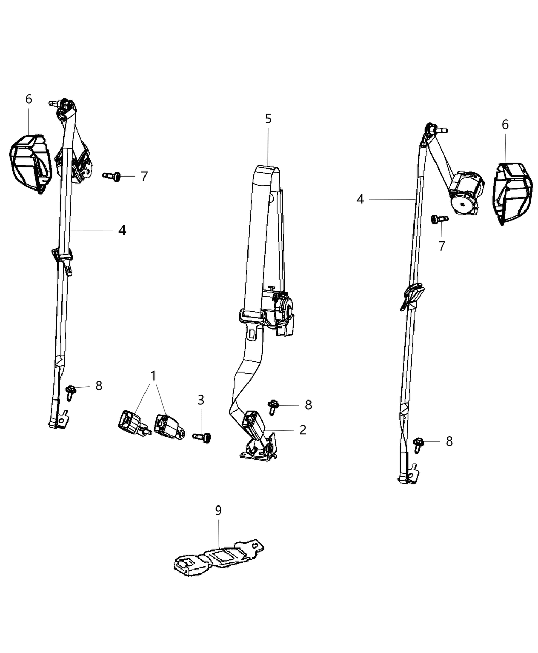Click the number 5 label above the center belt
[x=268, y=119]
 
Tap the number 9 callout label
[x=218, y=510]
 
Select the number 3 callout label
[x=201, y=399]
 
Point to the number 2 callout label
[x=303, y=430]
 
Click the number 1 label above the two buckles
[x=153, y=376]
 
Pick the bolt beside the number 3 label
[x=202, y=437]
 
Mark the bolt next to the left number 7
[x=112, y=176]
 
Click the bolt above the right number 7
[x=439, y=219]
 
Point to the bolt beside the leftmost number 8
[x=71, y=391]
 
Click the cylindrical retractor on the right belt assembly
[x=467, y=192]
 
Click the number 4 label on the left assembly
[x=122, y=230]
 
